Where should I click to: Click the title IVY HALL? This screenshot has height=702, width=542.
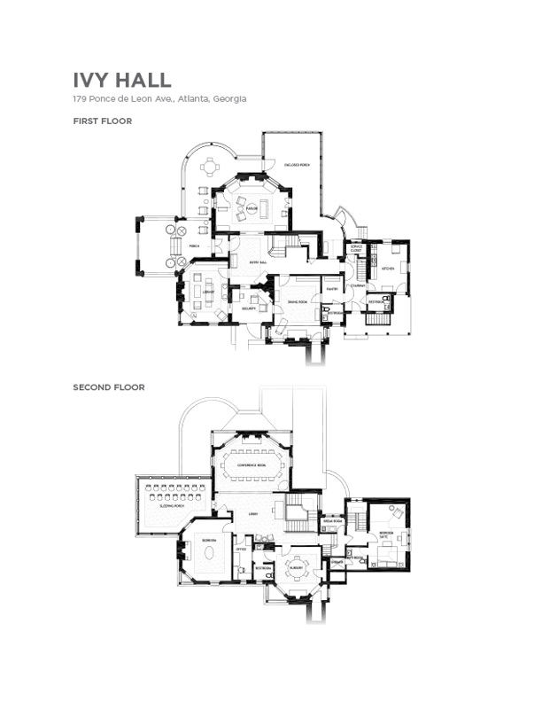[x=122, y=80]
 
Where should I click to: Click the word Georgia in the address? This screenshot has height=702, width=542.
[x=226, y=98]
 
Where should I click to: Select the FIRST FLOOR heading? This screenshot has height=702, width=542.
[x=103, y=121]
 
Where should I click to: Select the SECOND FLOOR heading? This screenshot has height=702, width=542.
[x=109, y=387]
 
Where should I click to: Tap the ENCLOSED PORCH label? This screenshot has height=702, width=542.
[x=297, y=165]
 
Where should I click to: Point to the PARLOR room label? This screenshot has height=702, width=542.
[x=252, y=208]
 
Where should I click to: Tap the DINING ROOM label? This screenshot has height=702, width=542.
[x=297, y=303]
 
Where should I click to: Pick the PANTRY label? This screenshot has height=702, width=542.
[x=332, y=289]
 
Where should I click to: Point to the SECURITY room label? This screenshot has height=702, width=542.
[x=248, y=308]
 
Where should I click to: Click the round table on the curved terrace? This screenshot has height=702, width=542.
[x=211, y=165]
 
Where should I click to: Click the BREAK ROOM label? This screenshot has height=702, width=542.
[x=332, y=521]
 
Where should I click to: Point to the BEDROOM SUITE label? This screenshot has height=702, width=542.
[x=387, y=535]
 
